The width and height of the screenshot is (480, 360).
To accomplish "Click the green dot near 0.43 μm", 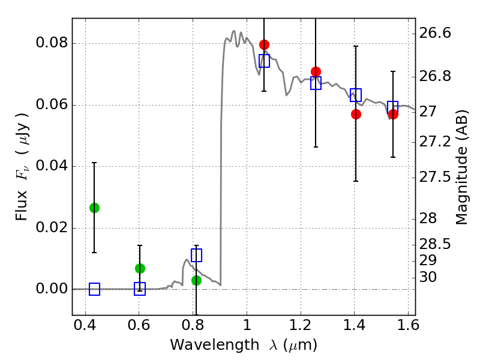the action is pyautogui.click(x=94, y=208).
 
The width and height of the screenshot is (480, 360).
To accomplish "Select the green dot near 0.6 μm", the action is pyautogui.click(x=140, y=268).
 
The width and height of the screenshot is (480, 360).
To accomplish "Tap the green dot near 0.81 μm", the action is pyautogui.click(x=197, y=280).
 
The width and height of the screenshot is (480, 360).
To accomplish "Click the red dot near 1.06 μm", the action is pyautogui.click(x=264, y=44).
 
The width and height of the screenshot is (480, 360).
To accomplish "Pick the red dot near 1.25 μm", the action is pyautogui.click(x=316, y=72).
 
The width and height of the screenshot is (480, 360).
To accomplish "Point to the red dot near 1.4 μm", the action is pyautogui.click(x=356, y=115).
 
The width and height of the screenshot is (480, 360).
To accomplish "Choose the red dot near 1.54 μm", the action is pyautogui.click(x=393, y=115).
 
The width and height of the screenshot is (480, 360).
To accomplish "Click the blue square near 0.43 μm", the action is pyautogui.click(x=94, y=289).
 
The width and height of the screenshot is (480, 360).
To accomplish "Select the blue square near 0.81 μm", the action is pyautogui.click(x=197, y=256).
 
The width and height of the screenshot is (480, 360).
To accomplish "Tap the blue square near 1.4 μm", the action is pyautogui.click(x=356, y=95).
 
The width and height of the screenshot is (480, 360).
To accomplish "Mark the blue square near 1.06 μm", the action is pyautogui.click(x=264, y=61).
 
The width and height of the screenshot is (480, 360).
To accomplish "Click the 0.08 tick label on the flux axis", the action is pyautogui.click(x=52, y=42).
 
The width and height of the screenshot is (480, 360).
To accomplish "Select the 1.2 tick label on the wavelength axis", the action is pyautogui.click(x=301, y=325).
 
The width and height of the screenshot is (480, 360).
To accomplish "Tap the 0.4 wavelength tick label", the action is pyautogui.click(x=85, y=325).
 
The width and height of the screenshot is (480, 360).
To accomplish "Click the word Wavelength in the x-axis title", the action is pyautogui.click(x=215, y=345).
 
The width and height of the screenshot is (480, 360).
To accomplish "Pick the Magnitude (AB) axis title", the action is pyautogui.click(x=461, y=167).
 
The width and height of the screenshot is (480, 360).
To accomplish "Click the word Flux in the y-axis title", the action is pyautogui.click(x=22, y=206).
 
